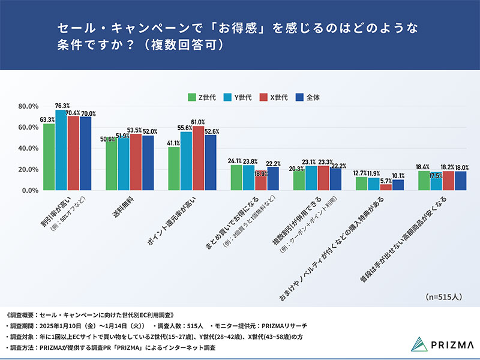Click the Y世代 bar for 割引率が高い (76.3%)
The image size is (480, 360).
(61, 150)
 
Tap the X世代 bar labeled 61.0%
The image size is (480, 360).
(198, 158)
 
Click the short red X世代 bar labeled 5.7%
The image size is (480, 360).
(386, 187)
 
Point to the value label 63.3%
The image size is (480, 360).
(47, 119)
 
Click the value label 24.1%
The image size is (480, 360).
(236, 161)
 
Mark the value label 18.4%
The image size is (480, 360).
(424, 166)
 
